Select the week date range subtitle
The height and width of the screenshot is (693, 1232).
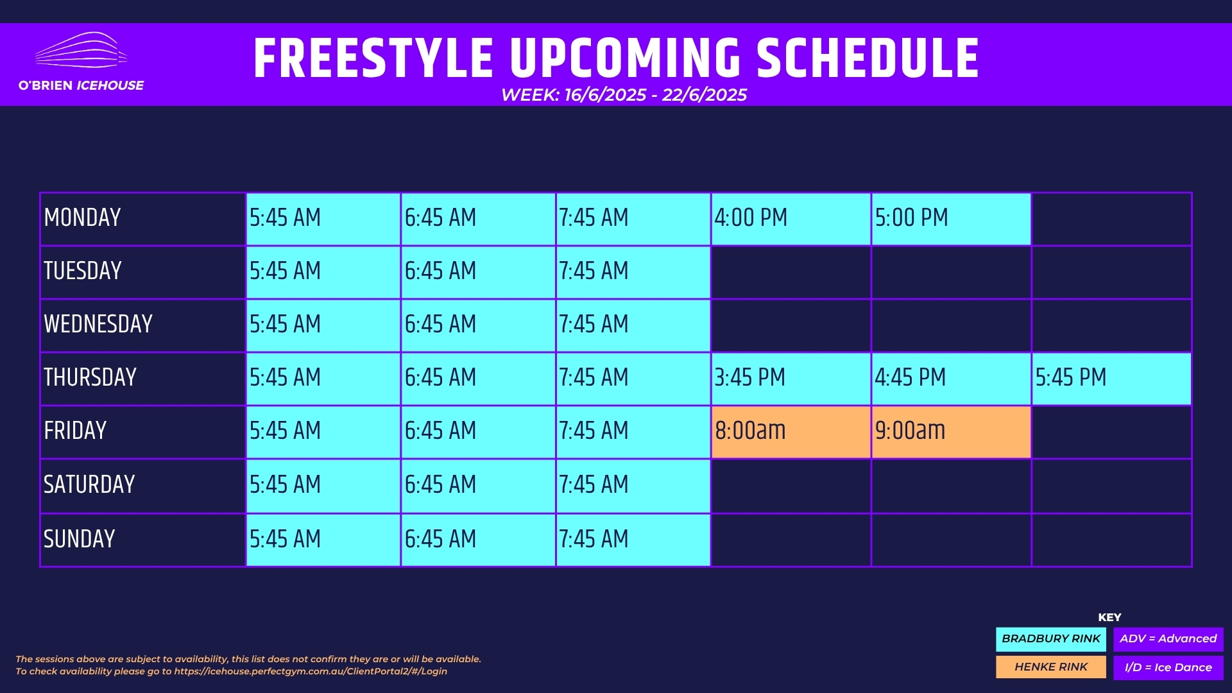tap(624, 95)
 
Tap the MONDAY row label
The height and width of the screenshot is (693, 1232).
tap(82, 218)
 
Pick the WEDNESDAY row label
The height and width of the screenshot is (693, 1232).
tap(98, 324)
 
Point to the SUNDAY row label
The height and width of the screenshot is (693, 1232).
tap(80, 539)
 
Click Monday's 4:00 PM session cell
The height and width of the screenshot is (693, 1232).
tap(791, 219)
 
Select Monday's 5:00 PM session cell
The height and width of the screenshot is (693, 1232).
tap(951, 219)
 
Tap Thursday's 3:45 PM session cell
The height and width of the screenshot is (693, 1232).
tap(791, 379)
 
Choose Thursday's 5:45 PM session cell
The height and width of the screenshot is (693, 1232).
tap(1111, 379)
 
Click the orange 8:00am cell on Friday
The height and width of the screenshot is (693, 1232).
tap(791, 432)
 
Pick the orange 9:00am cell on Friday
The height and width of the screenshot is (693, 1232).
tap(951, 432)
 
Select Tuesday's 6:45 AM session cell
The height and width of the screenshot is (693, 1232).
tap(478, 272)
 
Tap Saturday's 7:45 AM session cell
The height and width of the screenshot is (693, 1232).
tap(633, 486)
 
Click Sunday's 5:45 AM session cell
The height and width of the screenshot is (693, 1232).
tap(323, 540)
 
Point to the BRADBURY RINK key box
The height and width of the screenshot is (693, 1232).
tap(1051, 639)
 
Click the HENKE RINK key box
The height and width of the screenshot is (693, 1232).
tap(1051, 667)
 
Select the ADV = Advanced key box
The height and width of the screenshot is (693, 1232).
tap(1168, 639)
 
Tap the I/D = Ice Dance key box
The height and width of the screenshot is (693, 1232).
tap(1168, 667)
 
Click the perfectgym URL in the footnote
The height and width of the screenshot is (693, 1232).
tap(311, 671)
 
